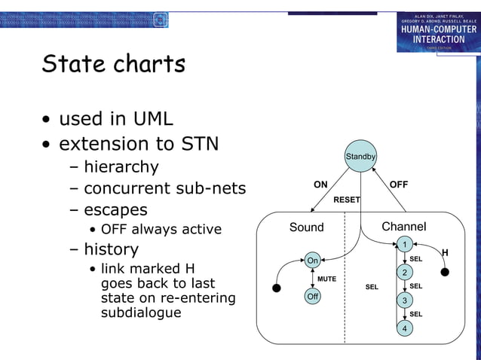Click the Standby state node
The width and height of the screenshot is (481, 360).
pyautogui.click(x=360, y=157)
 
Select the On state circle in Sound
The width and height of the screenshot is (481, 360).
pyautogui.click(x=312, y=261)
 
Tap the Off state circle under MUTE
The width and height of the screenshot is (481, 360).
pyautogui.click(x=312, y=297)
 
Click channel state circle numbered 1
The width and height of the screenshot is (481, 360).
pyautogui.click(x=405, y=244)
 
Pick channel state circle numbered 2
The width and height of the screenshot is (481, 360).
pyautogui.click(x=405, y=272)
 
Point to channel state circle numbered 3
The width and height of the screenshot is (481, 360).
pyautogui.click(x=405, y=301)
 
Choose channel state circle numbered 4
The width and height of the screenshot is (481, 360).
pyautogui.click(x=405, y=328)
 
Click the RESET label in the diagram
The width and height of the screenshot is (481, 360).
pyautogui.click(x=347, y=200)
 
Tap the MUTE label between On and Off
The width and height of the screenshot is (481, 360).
pyautogui.click(x=326, y=279)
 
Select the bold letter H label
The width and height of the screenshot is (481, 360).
pyautogui.click(x=445, y=252)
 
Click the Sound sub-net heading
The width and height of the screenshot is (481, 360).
pyautogui.click(x=306, y=227)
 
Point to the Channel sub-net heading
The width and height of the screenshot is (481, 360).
pyautogui.click(x=403, y=227)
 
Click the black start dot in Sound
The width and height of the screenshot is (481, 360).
pyautogui.click(x=277, y=288)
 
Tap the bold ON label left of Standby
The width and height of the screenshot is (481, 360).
pyautogui.click(x=320, y=185)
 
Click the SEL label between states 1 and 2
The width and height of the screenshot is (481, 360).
pyautogui.click(x=415, y=259)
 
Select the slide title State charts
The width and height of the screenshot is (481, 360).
pyautogui.click(x=113, y=64)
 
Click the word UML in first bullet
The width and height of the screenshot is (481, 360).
pyautogui.click(x=153, y=119)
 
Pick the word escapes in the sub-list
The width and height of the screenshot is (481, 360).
pyautogui.click(x=115, y=209)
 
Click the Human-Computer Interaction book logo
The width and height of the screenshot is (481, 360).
pyautogui.click(x=438, y=32)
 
